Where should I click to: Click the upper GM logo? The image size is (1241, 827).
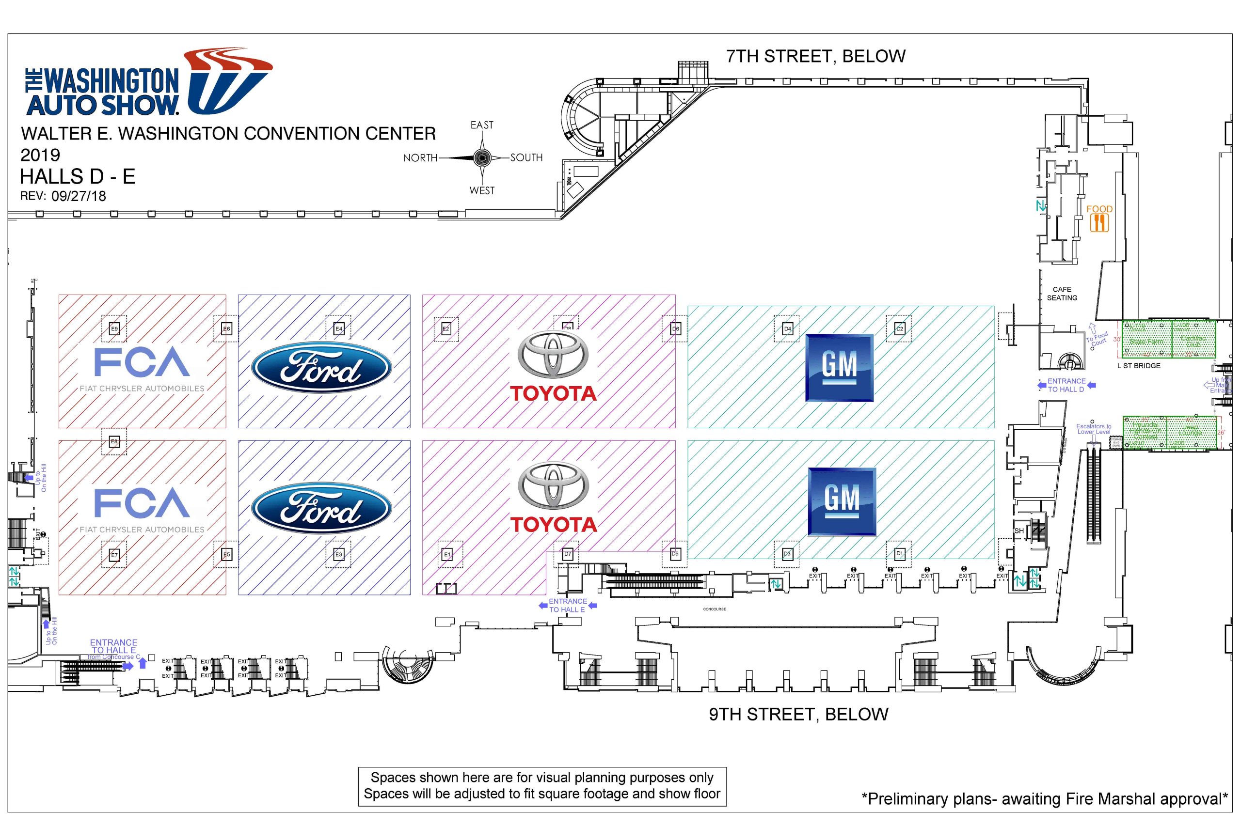coord(839,368)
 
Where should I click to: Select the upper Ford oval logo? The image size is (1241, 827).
coord(321,368)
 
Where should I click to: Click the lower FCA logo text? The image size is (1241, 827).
coord(142,503)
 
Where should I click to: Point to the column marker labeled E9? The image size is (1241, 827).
coord(114,328)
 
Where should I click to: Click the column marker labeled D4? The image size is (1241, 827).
coord(787,328)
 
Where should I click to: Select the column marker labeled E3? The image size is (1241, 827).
coord(338,554)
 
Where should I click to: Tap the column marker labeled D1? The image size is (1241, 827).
coord(899,553)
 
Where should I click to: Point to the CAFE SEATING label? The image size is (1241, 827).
coord(1062,294)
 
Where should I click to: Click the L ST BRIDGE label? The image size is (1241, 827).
coord(1138,365)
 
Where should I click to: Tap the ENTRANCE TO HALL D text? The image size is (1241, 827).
coord(1066,385)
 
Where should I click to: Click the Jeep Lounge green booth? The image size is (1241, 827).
coord(1191,432)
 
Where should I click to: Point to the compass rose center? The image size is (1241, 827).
coord(482,157)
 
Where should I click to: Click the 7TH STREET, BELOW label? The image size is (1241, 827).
coord(815,56)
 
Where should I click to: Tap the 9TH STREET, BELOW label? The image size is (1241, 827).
coord(798,714)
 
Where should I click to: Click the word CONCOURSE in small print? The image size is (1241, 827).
coord(714,609)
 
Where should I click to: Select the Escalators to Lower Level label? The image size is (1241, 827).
coord(1093,429)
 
